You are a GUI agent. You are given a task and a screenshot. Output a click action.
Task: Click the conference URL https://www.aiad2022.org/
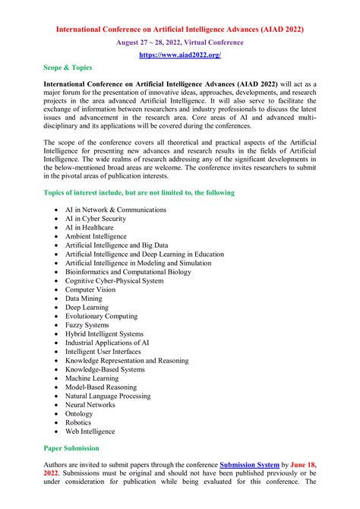coord(179,55)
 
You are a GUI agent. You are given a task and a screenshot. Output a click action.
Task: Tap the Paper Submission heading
coord(71,448)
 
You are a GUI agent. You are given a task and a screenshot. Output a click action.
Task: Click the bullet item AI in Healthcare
coord(90,227)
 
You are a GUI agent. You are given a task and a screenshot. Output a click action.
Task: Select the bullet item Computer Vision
coord(90,289)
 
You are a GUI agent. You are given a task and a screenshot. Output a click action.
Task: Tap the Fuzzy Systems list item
coord(87,325)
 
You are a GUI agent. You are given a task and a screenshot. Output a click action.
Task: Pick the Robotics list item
coord(78,422)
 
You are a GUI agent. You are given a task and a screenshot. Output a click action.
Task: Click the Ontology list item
coord(79,414)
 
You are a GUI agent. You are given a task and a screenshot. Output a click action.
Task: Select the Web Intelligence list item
coord(90,432)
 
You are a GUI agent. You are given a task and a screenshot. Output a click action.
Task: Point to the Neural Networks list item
coord(90,405)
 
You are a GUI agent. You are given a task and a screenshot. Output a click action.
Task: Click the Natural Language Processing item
coord(108,396)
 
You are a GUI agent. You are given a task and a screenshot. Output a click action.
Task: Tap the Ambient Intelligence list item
coord(96,236)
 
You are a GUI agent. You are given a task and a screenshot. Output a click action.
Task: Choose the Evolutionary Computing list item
coord(101,316)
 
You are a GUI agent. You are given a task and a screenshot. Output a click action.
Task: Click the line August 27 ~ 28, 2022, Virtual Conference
coord(179,43)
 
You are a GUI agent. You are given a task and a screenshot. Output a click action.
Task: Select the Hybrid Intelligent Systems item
coord(104,334)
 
